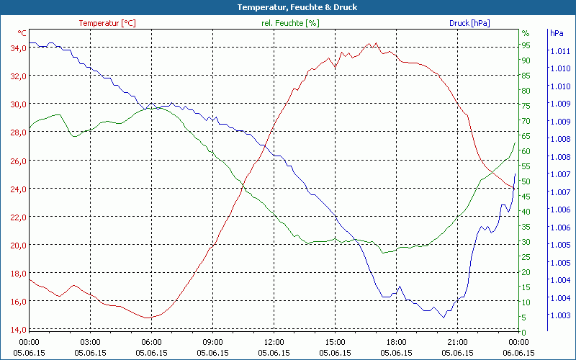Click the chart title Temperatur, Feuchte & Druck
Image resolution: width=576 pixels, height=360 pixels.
(x=288, y=7)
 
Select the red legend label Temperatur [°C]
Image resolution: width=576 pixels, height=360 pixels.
(x=107, y=23)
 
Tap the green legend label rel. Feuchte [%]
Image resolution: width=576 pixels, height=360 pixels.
(x=290, y=23)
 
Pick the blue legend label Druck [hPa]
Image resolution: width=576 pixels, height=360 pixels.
(x=469, y=23)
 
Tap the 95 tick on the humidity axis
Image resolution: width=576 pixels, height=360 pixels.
(x=526, y=45)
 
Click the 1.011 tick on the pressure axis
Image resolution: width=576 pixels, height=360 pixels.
(x=560, y=51)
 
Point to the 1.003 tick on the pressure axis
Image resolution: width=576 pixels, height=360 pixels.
(x=560, y=315)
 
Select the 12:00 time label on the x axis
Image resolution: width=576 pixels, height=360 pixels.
(x=274, y=342)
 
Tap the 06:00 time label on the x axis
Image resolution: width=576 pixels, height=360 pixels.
(x=151, y=342)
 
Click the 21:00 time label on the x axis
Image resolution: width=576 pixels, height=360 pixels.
(x=458, y=342)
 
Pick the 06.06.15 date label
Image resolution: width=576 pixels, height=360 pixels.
(x=519, y=353)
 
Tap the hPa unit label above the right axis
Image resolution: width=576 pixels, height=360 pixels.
(x=557, y=33)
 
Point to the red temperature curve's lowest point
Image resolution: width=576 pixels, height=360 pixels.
(x=148, y=318)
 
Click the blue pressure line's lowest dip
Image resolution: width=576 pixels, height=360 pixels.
(x=444, y=318)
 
